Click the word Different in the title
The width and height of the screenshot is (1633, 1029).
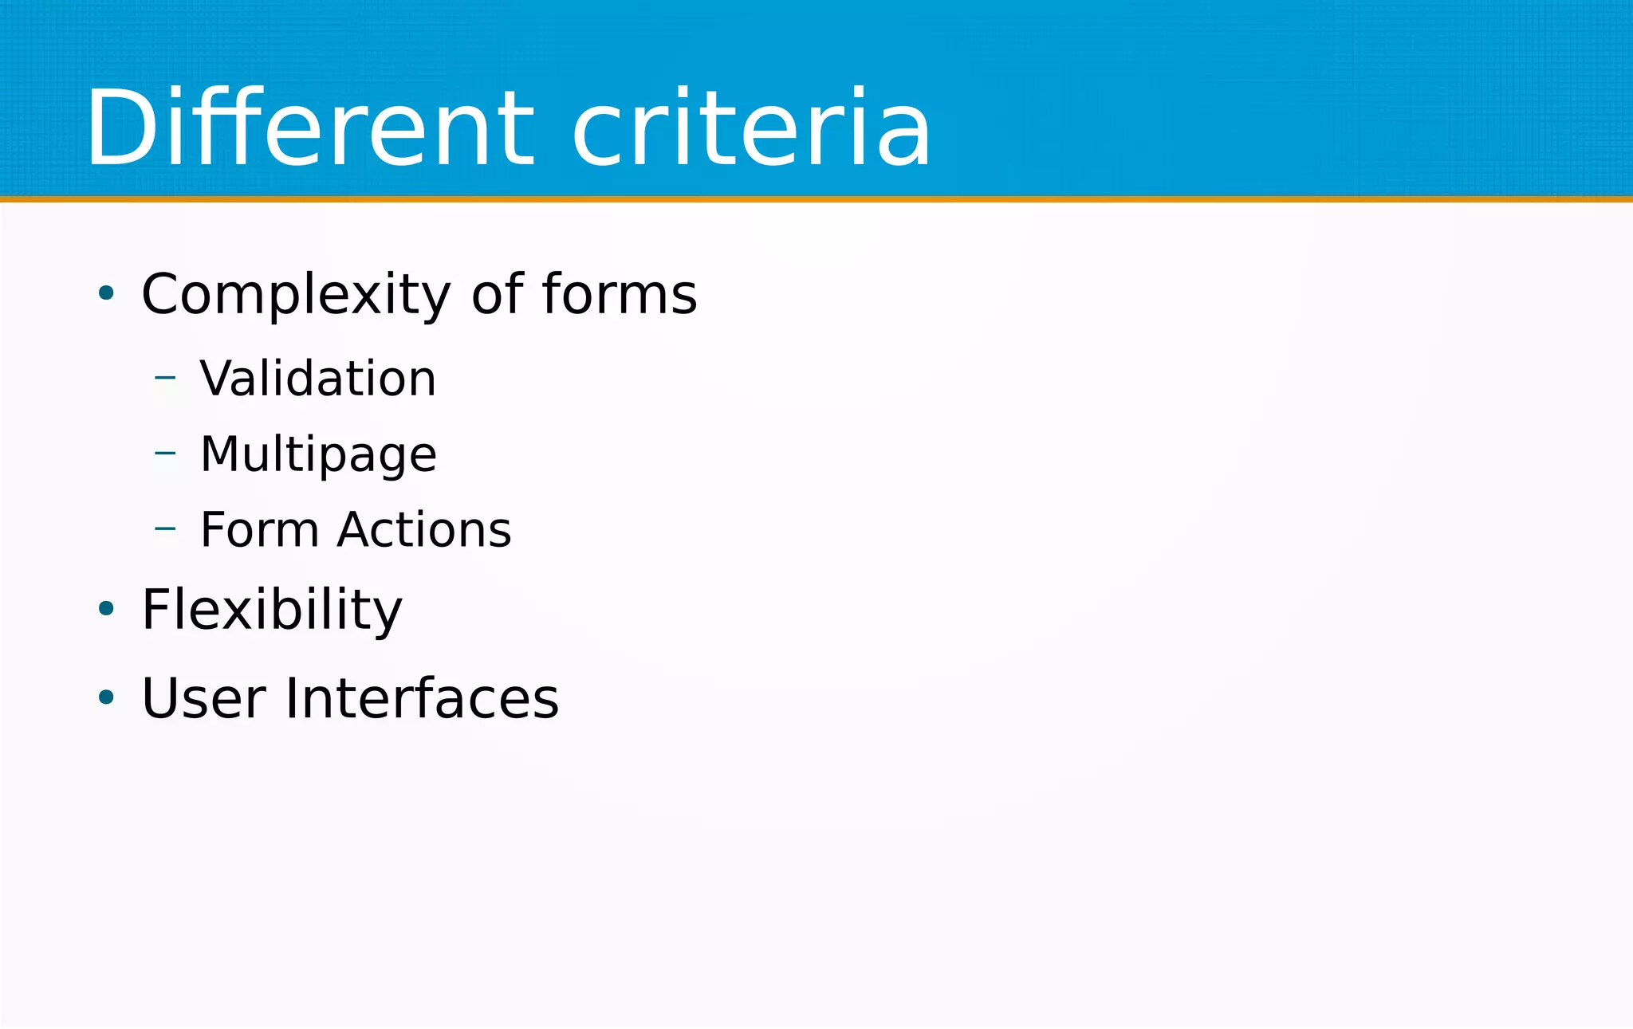[309, 129]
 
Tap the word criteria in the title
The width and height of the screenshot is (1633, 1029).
[751, 129]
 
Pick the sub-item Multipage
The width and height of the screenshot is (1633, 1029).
[318, 455]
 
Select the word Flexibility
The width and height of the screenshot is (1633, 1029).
[272, 610]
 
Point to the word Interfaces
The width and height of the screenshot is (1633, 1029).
[422, 698]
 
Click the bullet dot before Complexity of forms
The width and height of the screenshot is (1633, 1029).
[106, 293]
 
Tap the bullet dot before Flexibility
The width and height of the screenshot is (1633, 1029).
[106, 609]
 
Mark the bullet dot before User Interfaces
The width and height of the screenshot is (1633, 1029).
[106, 697]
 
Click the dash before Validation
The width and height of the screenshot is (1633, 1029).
[165, 377]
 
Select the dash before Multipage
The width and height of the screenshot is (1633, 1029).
[165, 453]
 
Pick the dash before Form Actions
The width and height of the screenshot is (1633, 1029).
[165, 528]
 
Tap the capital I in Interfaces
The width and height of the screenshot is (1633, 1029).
[292, 698]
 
